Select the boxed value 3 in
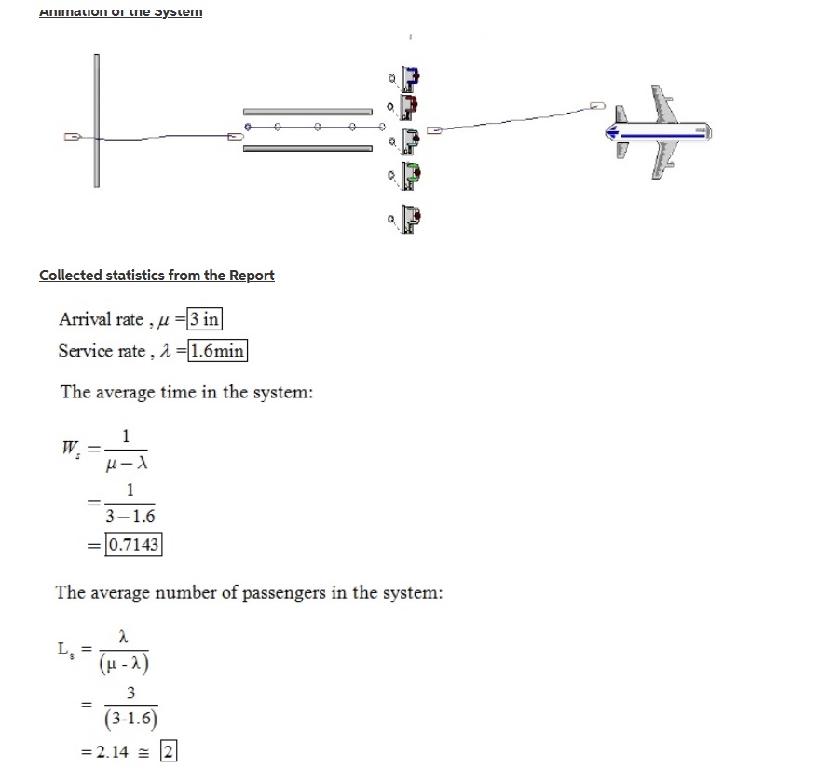[204, 319]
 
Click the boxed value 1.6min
[217, 351]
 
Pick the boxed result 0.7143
[134, 545]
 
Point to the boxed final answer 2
[168, 751]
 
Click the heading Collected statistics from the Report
[157, 276]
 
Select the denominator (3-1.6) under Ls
[130, 720]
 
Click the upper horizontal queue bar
[307, 110]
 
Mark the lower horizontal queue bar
[307, 146]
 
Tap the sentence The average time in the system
[186, 392]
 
